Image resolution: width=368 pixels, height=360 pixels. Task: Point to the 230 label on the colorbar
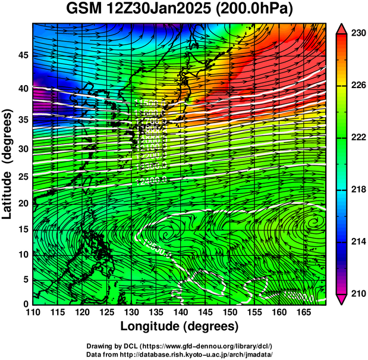[x=358, y=34]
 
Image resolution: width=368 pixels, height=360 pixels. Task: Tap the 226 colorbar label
[x=358, y=86]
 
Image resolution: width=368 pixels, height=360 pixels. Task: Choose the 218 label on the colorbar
[x=358, y=189]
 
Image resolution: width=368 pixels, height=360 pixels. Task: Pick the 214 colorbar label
[x=358, y=241]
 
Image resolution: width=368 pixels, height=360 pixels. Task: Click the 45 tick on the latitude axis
[x=22, y=56]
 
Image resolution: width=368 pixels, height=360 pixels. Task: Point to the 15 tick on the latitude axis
[x=22, y=230]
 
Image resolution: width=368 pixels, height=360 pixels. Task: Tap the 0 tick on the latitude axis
[x=25, y=303]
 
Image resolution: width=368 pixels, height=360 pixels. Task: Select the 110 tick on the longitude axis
[x=32, y=312]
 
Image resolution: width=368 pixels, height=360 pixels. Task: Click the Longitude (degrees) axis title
[x=180, y=326]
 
